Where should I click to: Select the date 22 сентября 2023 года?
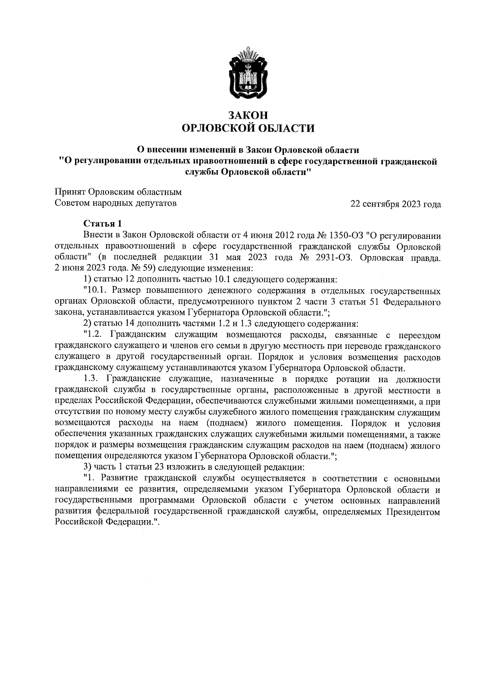(x=396, y=205)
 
